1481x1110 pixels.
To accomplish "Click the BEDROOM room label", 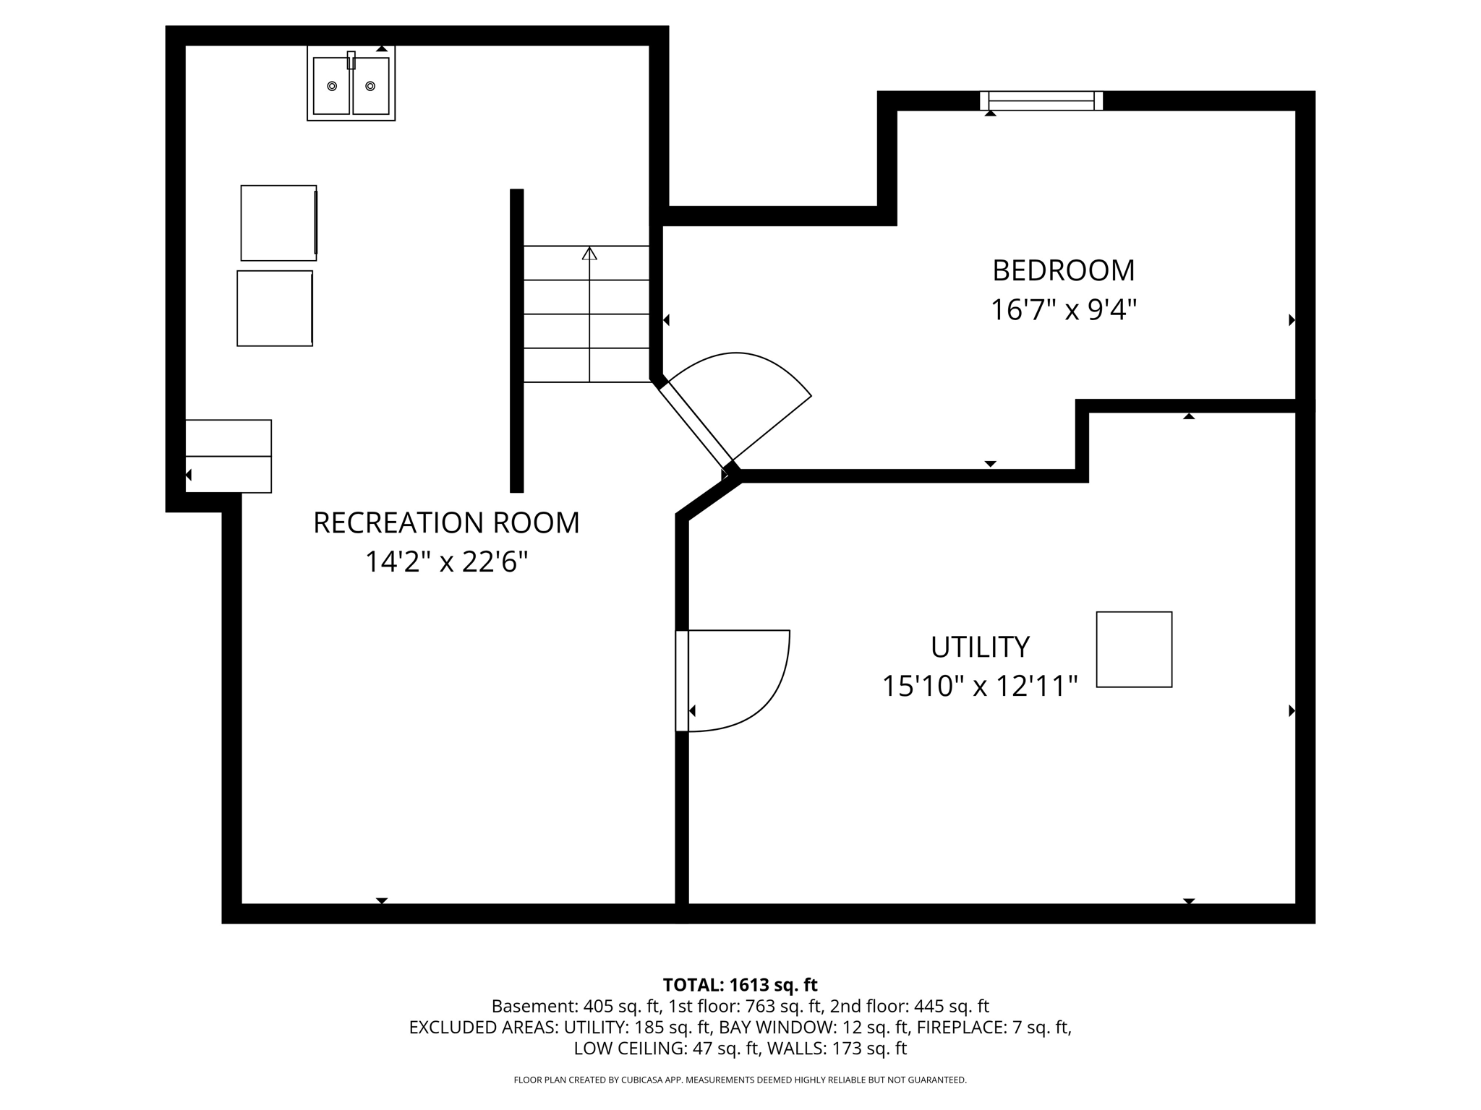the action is [x=1063, y=270].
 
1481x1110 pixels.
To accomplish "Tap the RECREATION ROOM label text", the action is [x=446, y=522].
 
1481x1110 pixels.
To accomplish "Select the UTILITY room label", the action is [x=980, y=647].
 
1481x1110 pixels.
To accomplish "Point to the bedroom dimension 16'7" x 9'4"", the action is [x=1063, y=310].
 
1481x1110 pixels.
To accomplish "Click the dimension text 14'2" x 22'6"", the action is [x=446, y=562].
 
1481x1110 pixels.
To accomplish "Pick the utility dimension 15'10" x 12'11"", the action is [x=980, y=686].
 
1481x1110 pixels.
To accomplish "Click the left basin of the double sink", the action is [x=332, y=86].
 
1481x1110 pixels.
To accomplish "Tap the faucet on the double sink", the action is [x=351, y=60].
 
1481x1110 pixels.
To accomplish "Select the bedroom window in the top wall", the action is [x=1041, y=100].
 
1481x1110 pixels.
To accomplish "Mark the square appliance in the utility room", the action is [x=1134, y=649].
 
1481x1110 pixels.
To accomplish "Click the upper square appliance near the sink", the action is [x=278, y=223].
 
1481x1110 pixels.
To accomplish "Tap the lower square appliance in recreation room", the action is [x=275, y=309].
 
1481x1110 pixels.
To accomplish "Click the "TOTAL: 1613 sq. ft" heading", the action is [x=740, y=985].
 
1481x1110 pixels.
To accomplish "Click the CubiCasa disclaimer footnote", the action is [x=740, y=1080].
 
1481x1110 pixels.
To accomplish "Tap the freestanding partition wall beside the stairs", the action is [x=516, y=340].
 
